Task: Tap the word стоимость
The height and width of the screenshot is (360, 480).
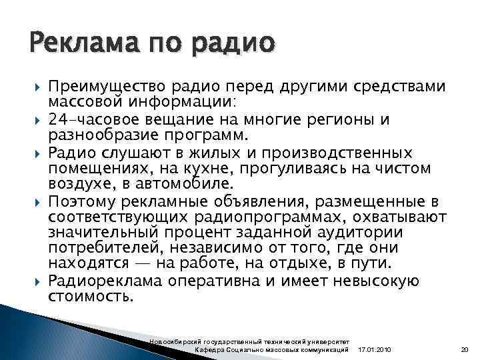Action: pos(90,297)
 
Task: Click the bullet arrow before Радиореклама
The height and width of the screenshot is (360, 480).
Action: pos(32,281)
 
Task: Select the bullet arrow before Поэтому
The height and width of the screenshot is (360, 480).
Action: pos(32,201)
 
